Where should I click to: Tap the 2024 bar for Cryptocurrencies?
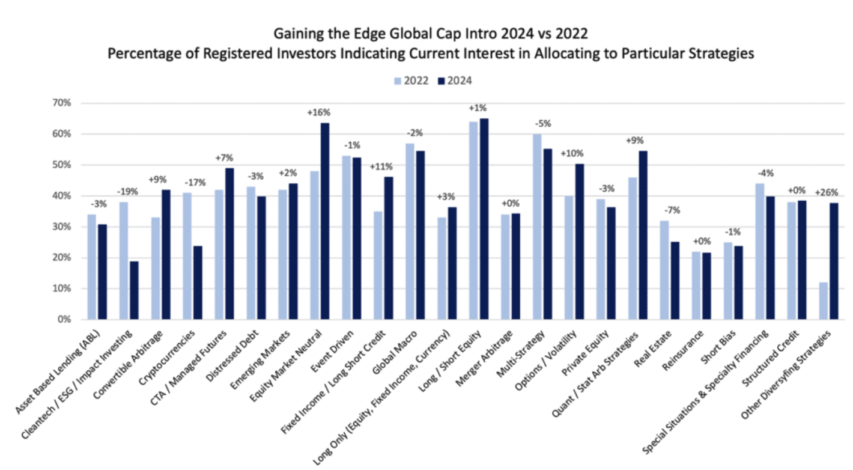[x=198, y=282]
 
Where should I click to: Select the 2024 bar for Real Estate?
[x=675, y=280]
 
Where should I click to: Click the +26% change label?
[x=827, y=193]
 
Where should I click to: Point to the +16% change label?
[x=319, y=112]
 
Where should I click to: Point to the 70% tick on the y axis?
[x=61, y=103]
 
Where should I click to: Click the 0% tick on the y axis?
[x=64, y=319]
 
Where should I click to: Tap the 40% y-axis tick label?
[x=61, y=196]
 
